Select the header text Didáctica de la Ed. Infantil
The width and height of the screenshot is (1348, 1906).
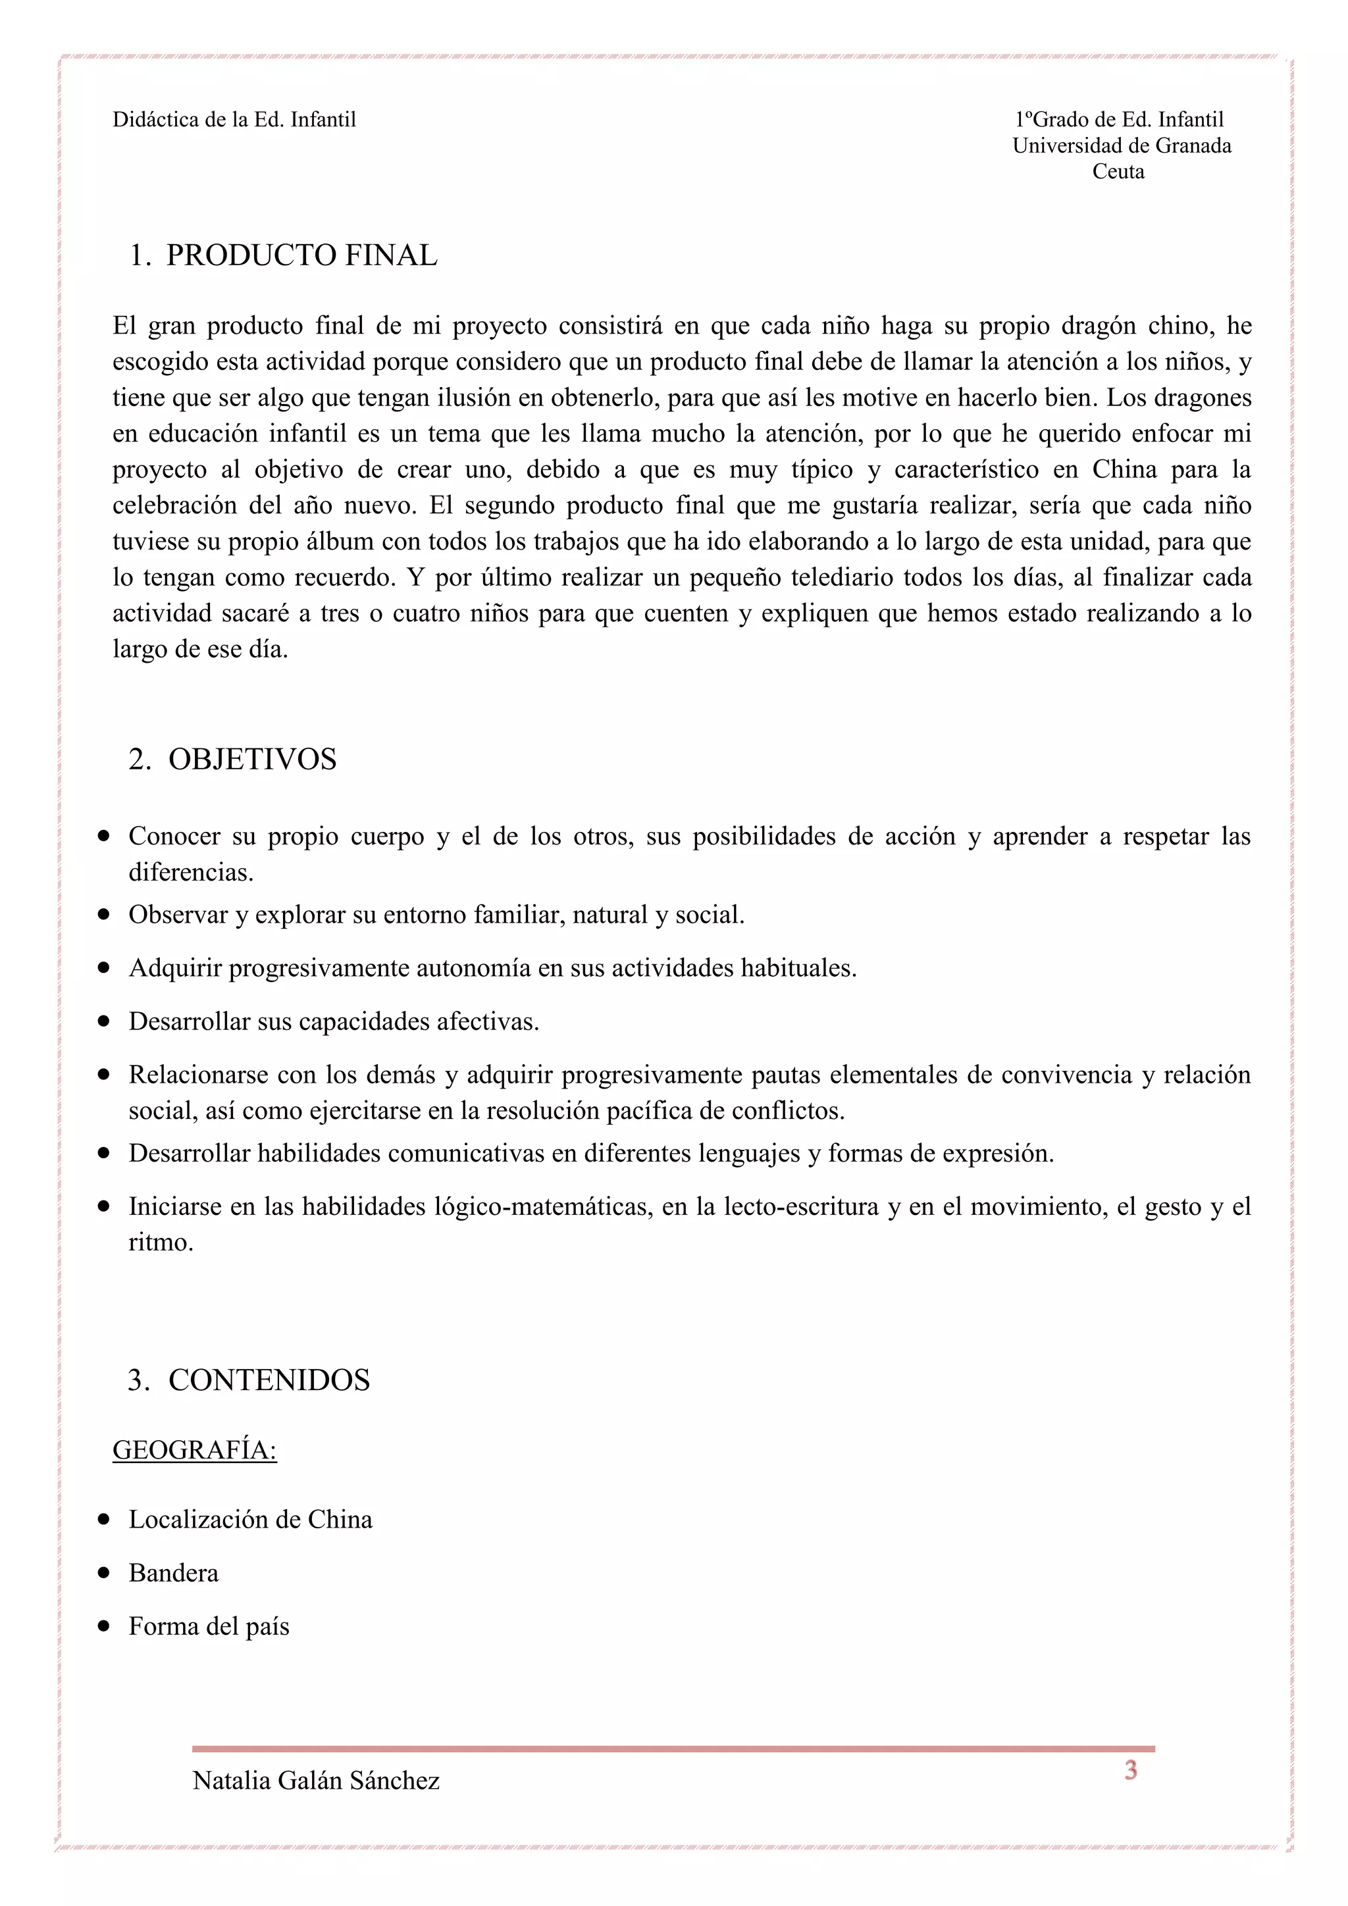(x=234, y=120)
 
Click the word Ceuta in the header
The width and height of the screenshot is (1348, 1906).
(x=1118, y=172)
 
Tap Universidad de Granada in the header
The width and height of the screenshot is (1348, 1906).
(x=1122, y=146)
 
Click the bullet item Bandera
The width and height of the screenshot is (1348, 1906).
(x=174, y=1573)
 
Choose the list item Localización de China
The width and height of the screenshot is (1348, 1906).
(x=251, y=1519)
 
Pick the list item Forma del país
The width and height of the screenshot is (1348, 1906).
(x=209, y=1626)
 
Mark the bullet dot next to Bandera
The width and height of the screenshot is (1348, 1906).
(x=104, y=1573)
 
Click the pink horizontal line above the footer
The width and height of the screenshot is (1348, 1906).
(x=673, y=1749)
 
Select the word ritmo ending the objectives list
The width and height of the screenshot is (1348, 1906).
(x=160, y=1243)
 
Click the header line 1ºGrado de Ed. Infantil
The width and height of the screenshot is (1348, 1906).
(x=1119, y=120)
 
